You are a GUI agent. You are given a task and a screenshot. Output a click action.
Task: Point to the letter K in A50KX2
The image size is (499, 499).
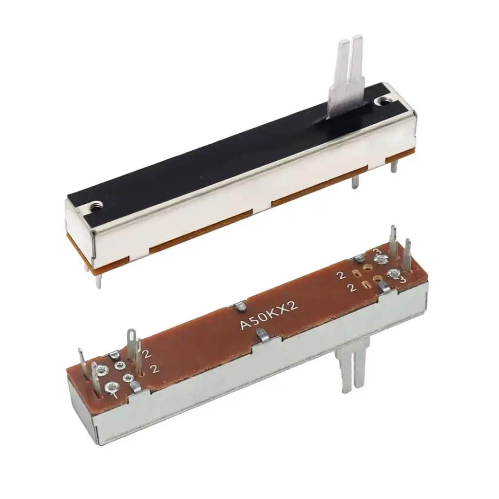point(276,314)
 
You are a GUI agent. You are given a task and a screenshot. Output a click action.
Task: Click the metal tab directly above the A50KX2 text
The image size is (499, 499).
point(240,307)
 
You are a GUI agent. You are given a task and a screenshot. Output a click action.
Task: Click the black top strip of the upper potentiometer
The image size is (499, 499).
point(234,146)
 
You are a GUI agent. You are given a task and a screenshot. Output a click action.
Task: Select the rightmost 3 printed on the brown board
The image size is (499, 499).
point(403,280)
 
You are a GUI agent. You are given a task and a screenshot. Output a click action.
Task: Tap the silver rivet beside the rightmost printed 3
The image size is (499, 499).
point(392,274)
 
